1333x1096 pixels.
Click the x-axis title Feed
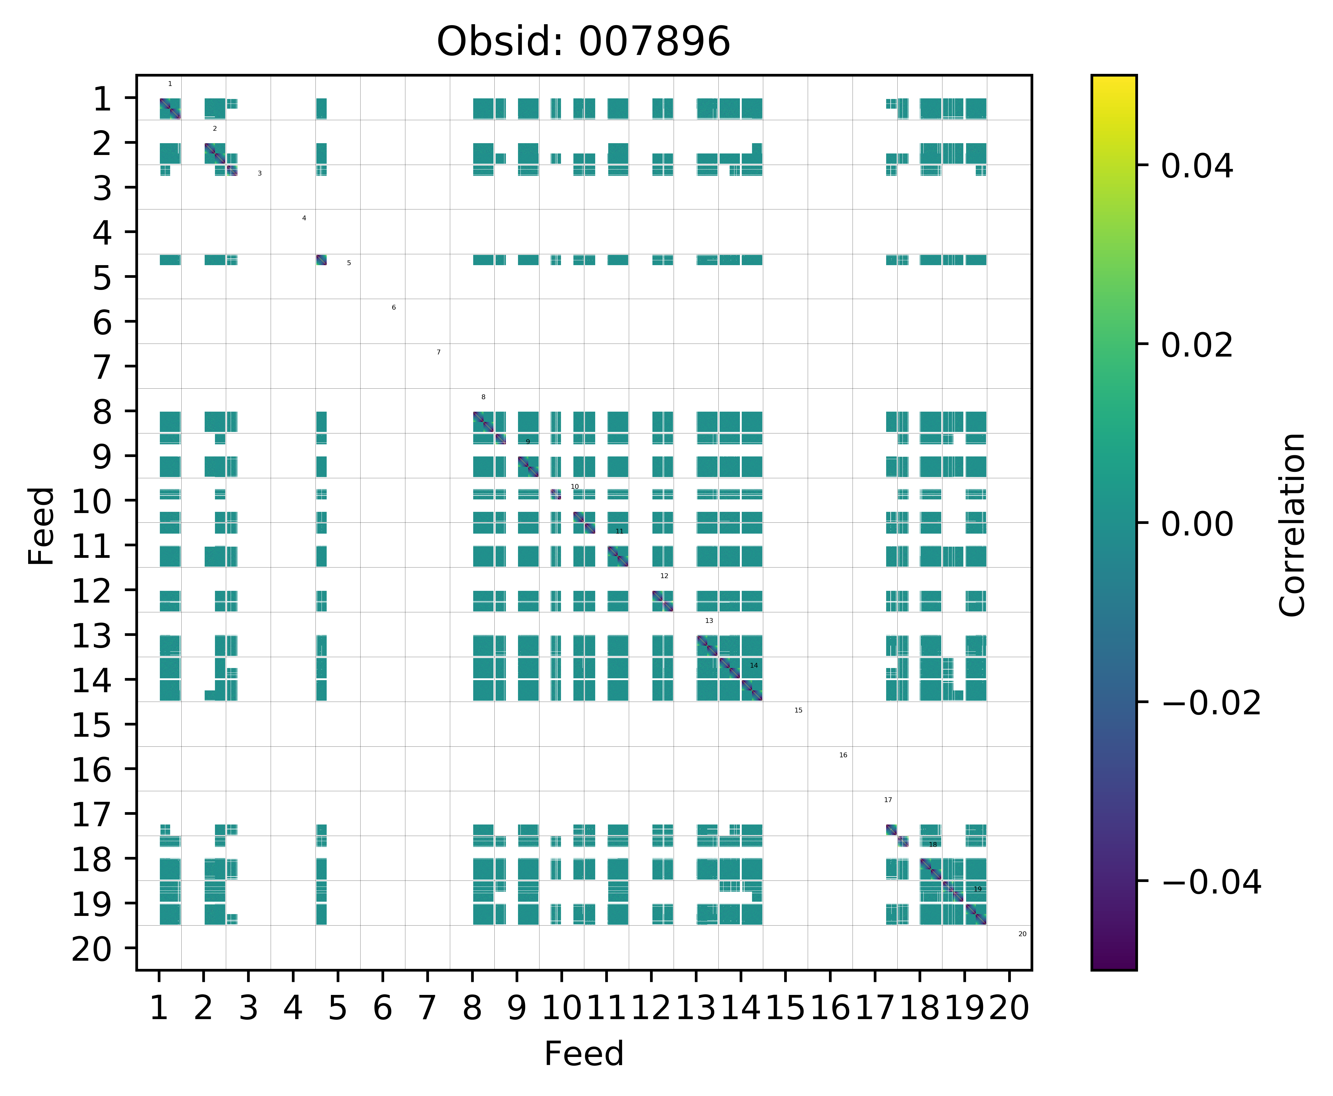coord(583,1053)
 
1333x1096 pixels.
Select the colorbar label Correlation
coord(1292,524)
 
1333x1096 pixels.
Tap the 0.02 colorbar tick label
coord(1196,345)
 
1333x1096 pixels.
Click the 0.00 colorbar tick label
coord(1196,524)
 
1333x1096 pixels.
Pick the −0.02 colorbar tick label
coord(1211,703)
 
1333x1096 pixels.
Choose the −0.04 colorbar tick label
coord(1211,881)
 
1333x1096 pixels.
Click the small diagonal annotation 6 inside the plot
coord(393,308)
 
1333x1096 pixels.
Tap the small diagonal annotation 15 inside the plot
coord(798,710)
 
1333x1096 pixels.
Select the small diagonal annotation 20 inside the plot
coord(1022,934)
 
